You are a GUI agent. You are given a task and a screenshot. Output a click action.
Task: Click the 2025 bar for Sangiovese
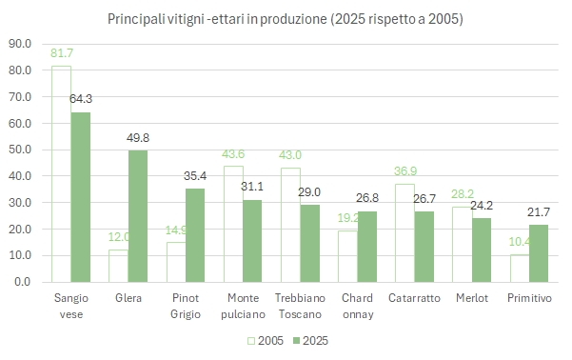(81, 197)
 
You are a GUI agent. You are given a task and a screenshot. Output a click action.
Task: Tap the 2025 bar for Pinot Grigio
(195, 235)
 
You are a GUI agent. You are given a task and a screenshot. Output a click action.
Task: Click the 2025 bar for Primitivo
(539, 253)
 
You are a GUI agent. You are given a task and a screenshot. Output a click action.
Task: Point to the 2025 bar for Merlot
(482, 250)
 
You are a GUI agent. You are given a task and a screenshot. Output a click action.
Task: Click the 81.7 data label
(62, 53)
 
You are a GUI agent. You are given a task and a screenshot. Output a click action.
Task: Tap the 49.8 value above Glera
(138, 138)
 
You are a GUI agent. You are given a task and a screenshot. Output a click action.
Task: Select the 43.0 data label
(290, 155)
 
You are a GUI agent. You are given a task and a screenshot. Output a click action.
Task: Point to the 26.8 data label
(367, 198)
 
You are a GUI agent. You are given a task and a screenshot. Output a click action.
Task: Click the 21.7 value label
(539, 212)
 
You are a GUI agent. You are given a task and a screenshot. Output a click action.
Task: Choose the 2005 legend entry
(266, 341)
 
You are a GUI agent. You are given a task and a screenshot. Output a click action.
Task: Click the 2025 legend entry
(311, 341)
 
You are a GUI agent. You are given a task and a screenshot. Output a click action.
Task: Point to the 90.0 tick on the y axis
(20, 44)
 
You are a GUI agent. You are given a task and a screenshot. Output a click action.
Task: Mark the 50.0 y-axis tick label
(20, 150)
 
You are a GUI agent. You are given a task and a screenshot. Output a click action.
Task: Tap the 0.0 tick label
(23, 282)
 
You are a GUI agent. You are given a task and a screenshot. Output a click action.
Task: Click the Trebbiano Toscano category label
(300, 306)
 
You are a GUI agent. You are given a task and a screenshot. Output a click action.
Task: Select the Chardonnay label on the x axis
(358, 306)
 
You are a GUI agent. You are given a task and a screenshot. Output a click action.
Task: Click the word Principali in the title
(136, 19)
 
